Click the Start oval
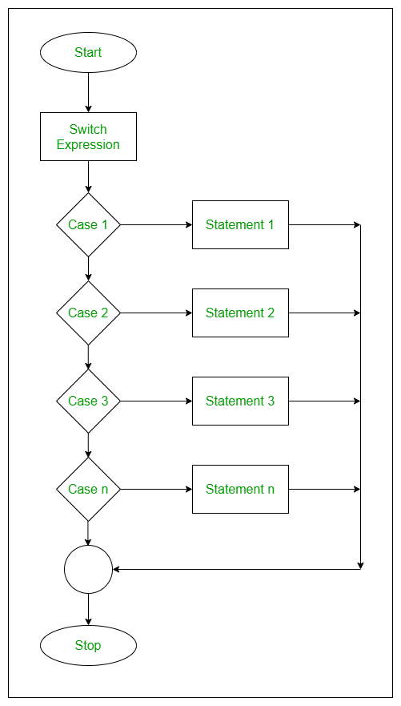pos(88,53)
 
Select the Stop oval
pos(88,645)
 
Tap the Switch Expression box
pos(88,137)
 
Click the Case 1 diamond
pos(88,225)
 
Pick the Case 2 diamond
pos(88,313)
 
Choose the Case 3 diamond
pos(88,401)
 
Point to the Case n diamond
pos(88,490)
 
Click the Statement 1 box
pos(240,225)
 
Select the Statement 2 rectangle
pos(240,313)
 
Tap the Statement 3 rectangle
pos(240,401)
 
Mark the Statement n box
pos(240,490)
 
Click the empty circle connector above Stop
pos(88,570)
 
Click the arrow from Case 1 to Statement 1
pos(156,225)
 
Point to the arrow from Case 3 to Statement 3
pos(156,401)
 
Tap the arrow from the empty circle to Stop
pos(88,610)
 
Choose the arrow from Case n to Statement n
pos(156,490)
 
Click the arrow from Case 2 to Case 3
pos(88,357)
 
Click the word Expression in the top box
pos(88,145)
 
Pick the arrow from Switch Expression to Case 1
pos(88,177)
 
